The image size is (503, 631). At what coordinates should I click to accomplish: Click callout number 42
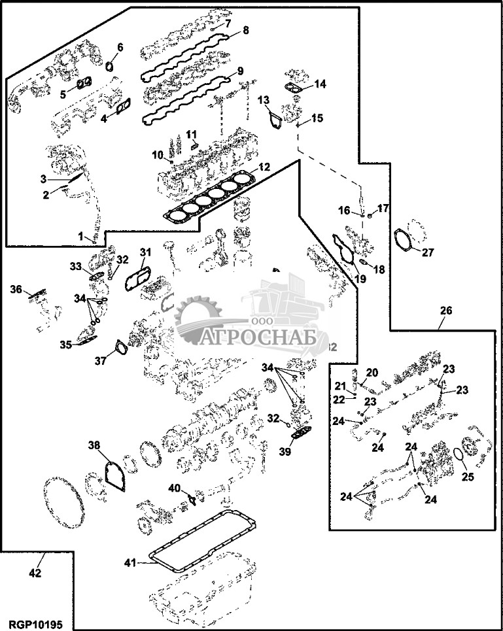[x=35, y=573]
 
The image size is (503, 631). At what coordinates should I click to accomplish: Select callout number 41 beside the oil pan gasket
[x=131, y=562]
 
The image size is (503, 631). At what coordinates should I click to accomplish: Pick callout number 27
[x=427, y=252]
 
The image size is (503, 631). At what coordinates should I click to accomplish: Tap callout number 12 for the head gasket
[x=264, y=167]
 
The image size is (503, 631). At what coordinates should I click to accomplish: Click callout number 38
[x=94, y=445]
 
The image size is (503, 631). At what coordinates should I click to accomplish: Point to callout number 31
[x=145, y=252]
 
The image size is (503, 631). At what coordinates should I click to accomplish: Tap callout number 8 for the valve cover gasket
[x=245, y=30]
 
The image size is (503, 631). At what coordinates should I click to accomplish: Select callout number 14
[x=319, y=84]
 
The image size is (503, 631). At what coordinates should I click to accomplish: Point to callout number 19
[x=360, y=278]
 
